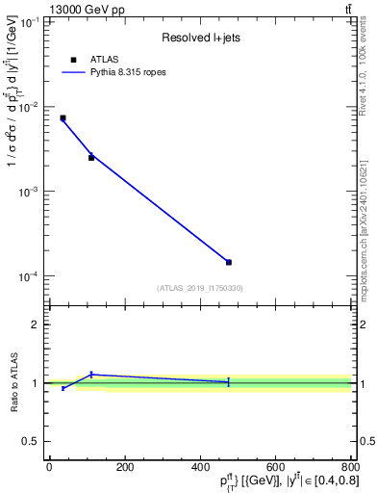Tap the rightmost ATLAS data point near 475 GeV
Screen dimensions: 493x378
tap(228, 262)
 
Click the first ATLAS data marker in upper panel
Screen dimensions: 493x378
tap(63, 117)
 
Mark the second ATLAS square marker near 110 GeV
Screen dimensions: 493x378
tap(91, 157)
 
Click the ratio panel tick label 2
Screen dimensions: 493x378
tap(36, 324)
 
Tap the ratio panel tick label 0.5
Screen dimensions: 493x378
tap(32, 442)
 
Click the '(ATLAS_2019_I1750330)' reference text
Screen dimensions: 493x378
tap(200, 288)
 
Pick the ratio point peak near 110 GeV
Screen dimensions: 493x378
tap(91, 375)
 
